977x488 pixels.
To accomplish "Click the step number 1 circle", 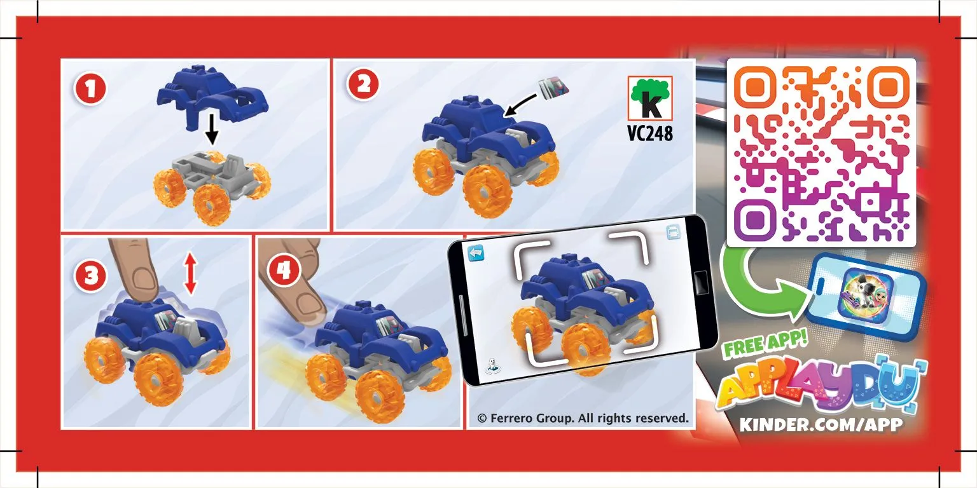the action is (x=90, y=89).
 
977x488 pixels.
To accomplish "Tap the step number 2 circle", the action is (x=363, y=84).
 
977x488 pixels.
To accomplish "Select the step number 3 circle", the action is (x=91, y=276).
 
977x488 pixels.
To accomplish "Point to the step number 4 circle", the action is (x=284, y=271).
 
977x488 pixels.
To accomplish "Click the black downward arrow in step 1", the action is (x=212, y=129).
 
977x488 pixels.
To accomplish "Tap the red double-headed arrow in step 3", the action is (x=190, y=274).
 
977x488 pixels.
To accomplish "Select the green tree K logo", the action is (x=650, y=98).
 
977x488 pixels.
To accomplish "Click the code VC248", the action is (x=650, y=133).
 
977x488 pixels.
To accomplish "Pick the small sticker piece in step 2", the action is (x=555, y=87).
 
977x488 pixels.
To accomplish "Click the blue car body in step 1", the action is (x=212, y=97).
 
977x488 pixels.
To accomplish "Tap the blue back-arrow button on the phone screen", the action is (x=476, y=253).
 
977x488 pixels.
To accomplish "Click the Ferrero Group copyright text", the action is (x=583, y=418).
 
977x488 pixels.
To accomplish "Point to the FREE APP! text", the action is (x=765, y=344).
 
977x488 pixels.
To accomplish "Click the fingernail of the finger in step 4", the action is (x=310, y=307).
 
